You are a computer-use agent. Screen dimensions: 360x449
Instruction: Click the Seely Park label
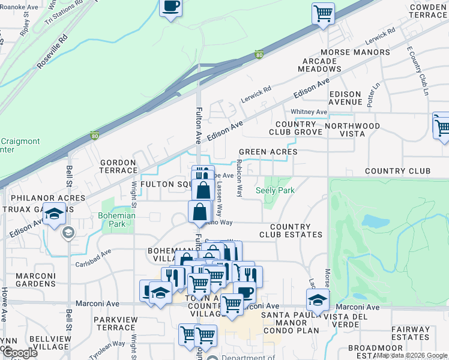[275, 190]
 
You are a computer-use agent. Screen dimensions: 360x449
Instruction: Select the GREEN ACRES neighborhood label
[268, 152]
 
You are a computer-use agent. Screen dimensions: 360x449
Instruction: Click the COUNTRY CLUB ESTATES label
[291, 230]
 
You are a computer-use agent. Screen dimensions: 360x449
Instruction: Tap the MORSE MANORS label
[355, 52]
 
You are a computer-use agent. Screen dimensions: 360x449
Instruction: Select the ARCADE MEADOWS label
[320, 65]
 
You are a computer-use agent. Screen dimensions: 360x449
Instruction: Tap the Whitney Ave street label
[309, 112]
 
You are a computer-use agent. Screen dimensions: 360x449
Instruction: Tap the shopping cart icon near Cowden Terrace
[324, 13]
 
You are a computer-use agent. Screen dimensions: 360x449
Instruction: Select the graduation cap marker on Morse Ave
[318, 299]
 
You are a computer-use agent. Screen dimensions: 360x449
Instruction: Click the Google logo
[20, 352]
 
